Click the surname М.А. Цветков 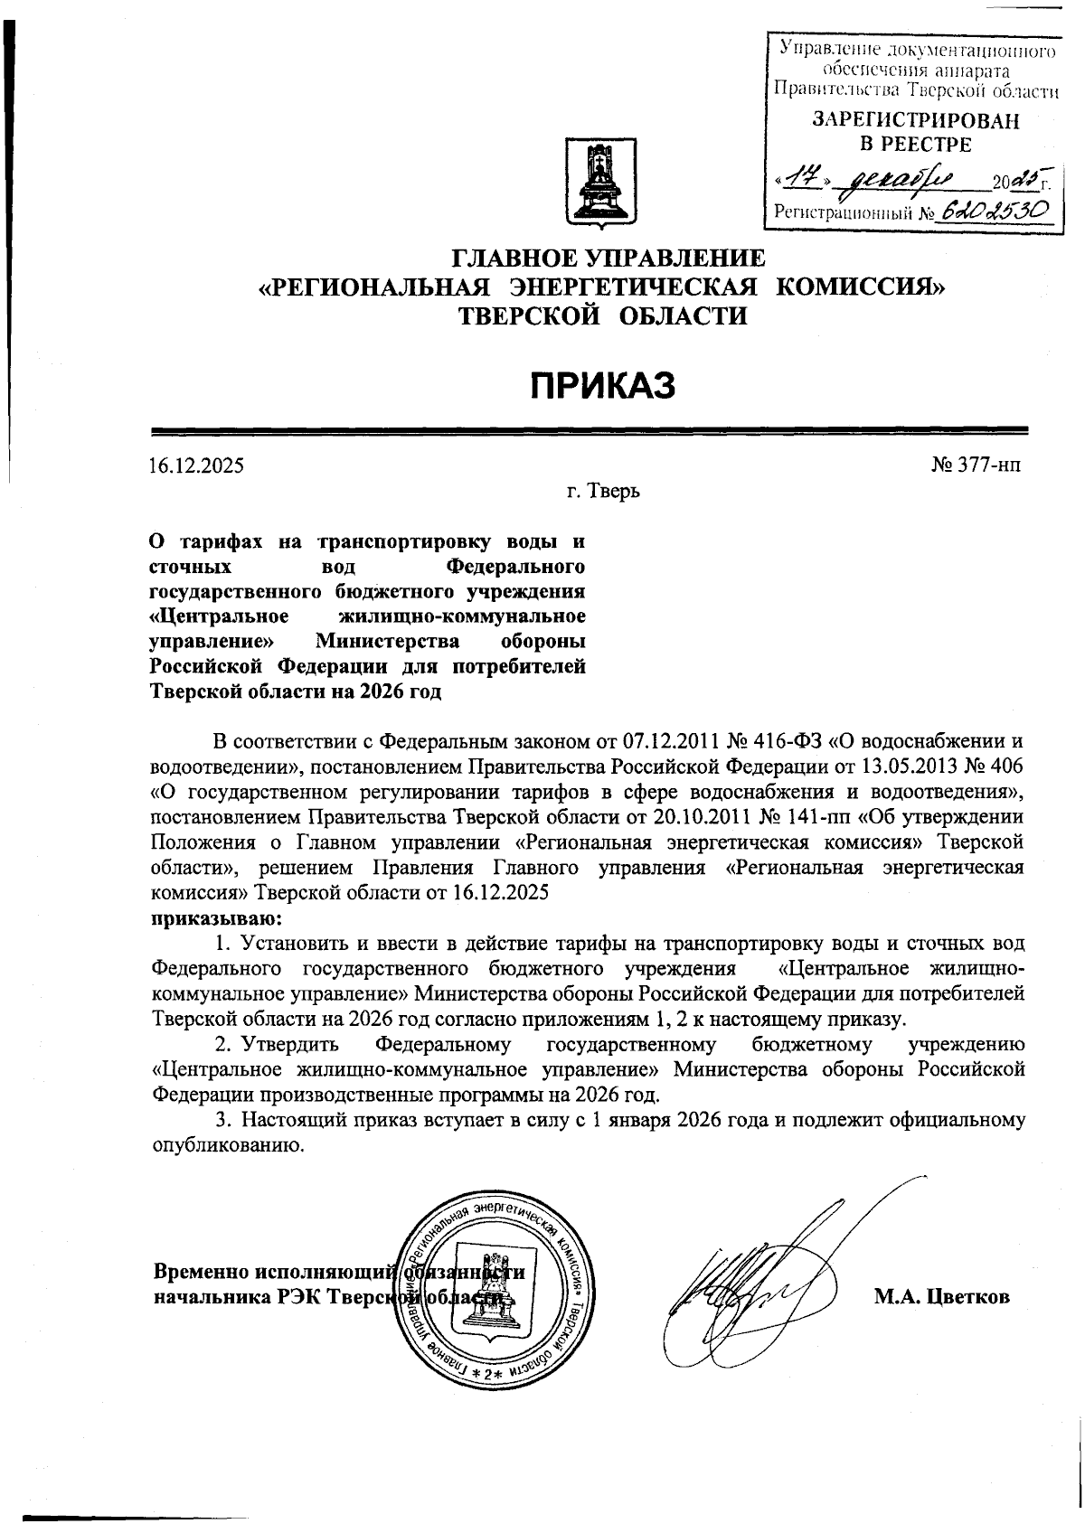940,1296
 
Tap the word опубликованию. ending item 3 225,1146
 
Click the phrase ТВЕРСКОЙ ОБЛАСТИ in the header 603,316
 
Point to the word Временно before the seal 199,1271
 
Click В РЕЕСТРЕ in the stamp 914,144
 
